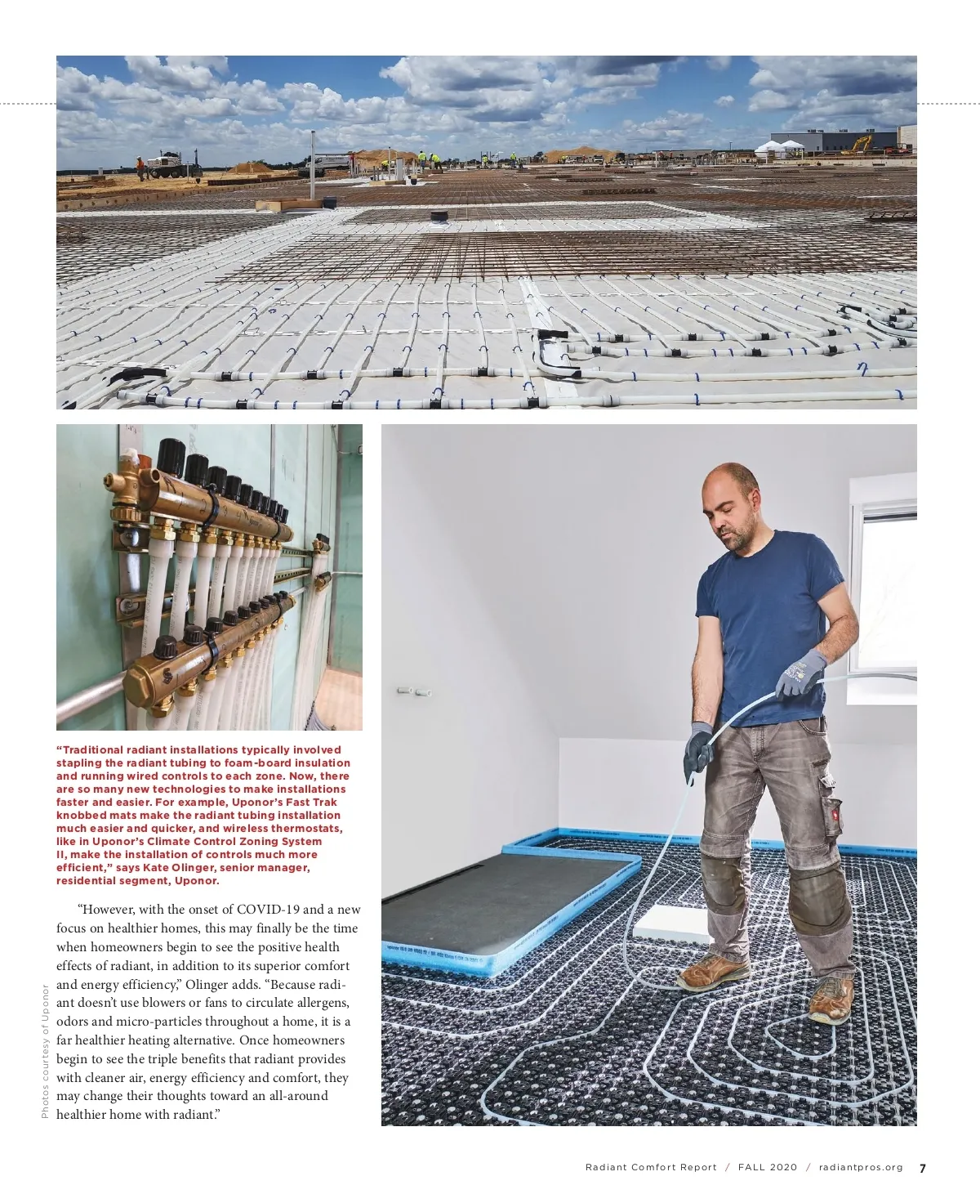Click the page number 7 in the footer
tap(923, 1168)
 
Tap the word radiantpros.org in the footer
tap(861, 1168)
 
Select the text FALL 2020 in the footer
tap(768, 1168)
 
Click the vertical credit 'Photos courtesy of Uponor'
tap(45, 1051)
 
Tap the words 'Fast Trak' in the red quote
tap(314, 803)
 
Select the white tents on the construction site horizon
tap(779, 147)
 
